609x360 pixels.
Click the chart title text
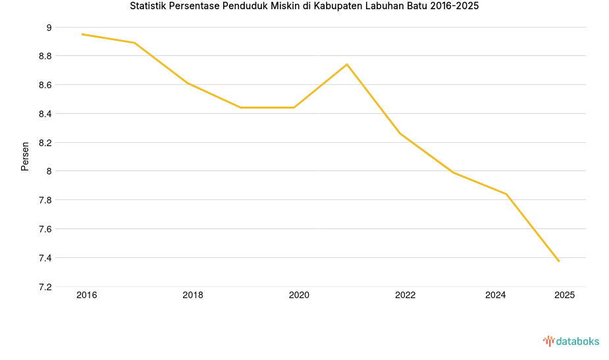(x=304, y=7)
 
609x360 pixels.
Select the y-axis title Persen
(x=25, y=156)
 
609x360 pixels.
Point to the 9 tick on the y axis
(x=49, y=28)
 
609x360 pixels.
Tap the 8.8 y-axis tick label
(x=45, y=57)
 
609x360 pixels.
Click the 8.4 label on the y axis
(x=45, y=114)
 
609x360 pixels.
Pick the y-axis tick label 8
(x=49, y=171)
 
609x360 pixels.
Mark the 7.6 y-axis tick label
(x=45, y=229)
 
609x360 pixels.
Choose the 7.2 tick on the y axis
(x=45, y=287)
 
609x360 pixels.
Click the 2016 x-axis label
(x=86, y=296)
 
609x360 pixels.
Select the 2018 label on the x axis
(x=193, y=296)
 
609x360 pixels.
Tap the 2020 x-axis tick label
(x=299, y=296)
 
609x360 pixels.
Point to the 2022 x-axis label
(x=405, y=296)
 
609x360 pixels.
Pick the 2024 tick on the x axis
(x=496, y=296)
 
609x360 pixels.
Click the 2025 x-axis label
(x=564, y=296)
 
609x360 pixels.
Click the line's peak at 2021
(x=347, y=64)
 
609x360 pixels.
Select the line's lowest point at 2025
(x=559, y=261)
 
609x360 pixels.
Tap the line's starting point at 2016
(x=82, y=34)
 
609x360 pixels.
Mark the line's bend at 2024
(x=506, y=194)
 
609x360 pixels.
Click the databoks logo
(x=571, y=341)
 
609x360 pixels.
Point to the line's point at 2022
(x=400, y=134)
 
